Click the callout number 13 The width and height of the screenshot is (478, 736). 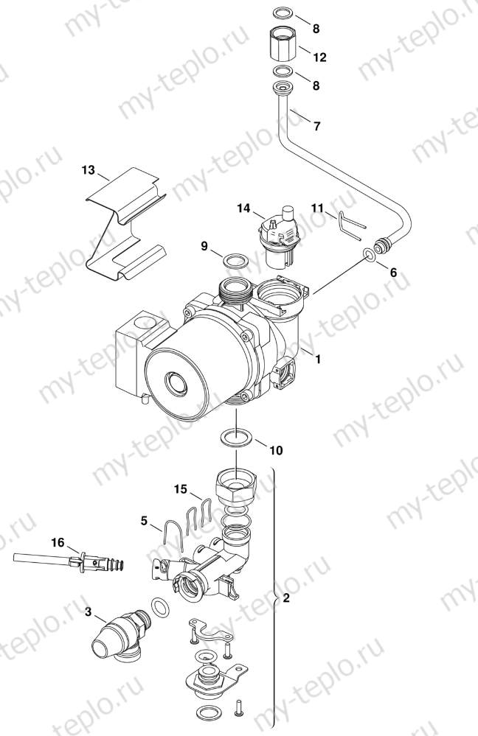point(89,171)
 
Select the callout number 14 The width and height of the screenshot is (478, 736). point(244,209)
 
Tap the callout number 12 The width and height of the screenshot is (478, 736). point(319,57)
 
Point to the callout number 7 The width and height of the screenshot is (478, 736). point(316,126)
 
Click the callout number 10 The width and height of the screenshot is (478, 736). point(275,449)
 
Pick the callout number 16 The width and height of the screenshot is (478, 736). point(58,542)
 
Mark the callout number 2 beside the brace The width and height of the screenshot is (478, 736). point(286,598)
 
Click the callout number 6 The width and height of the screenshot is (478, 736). point(393,272)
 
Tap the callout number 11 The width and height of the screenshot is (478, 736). point(317,208)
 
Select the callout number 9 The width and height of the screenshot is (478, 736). point(204,247)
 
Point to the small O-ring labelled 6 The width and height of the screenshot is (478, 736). point(367,255)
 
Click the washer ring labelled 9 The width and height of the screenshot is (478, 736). point(235,262)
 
